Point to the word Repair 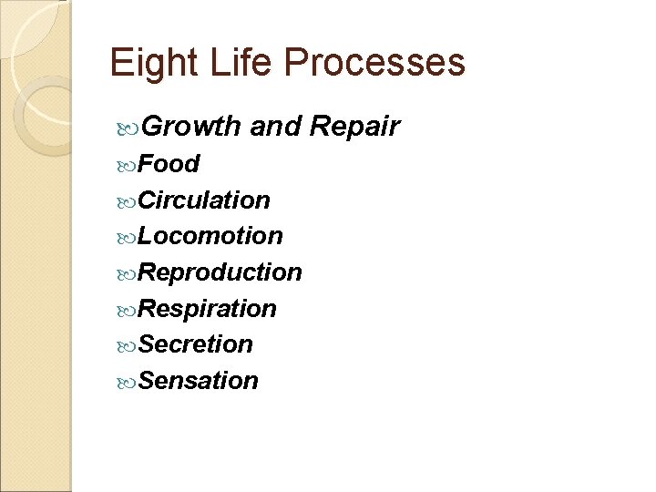pos(354,128)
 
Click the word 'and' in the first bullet pos(276,127)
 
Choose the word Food pos(169,164)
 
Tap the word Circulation pos(204,200)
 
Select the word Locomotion pos(210,236)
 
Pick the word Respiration pos(208,309)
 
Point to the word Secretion pos(196,344)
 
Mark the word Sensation pos(199,381)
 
